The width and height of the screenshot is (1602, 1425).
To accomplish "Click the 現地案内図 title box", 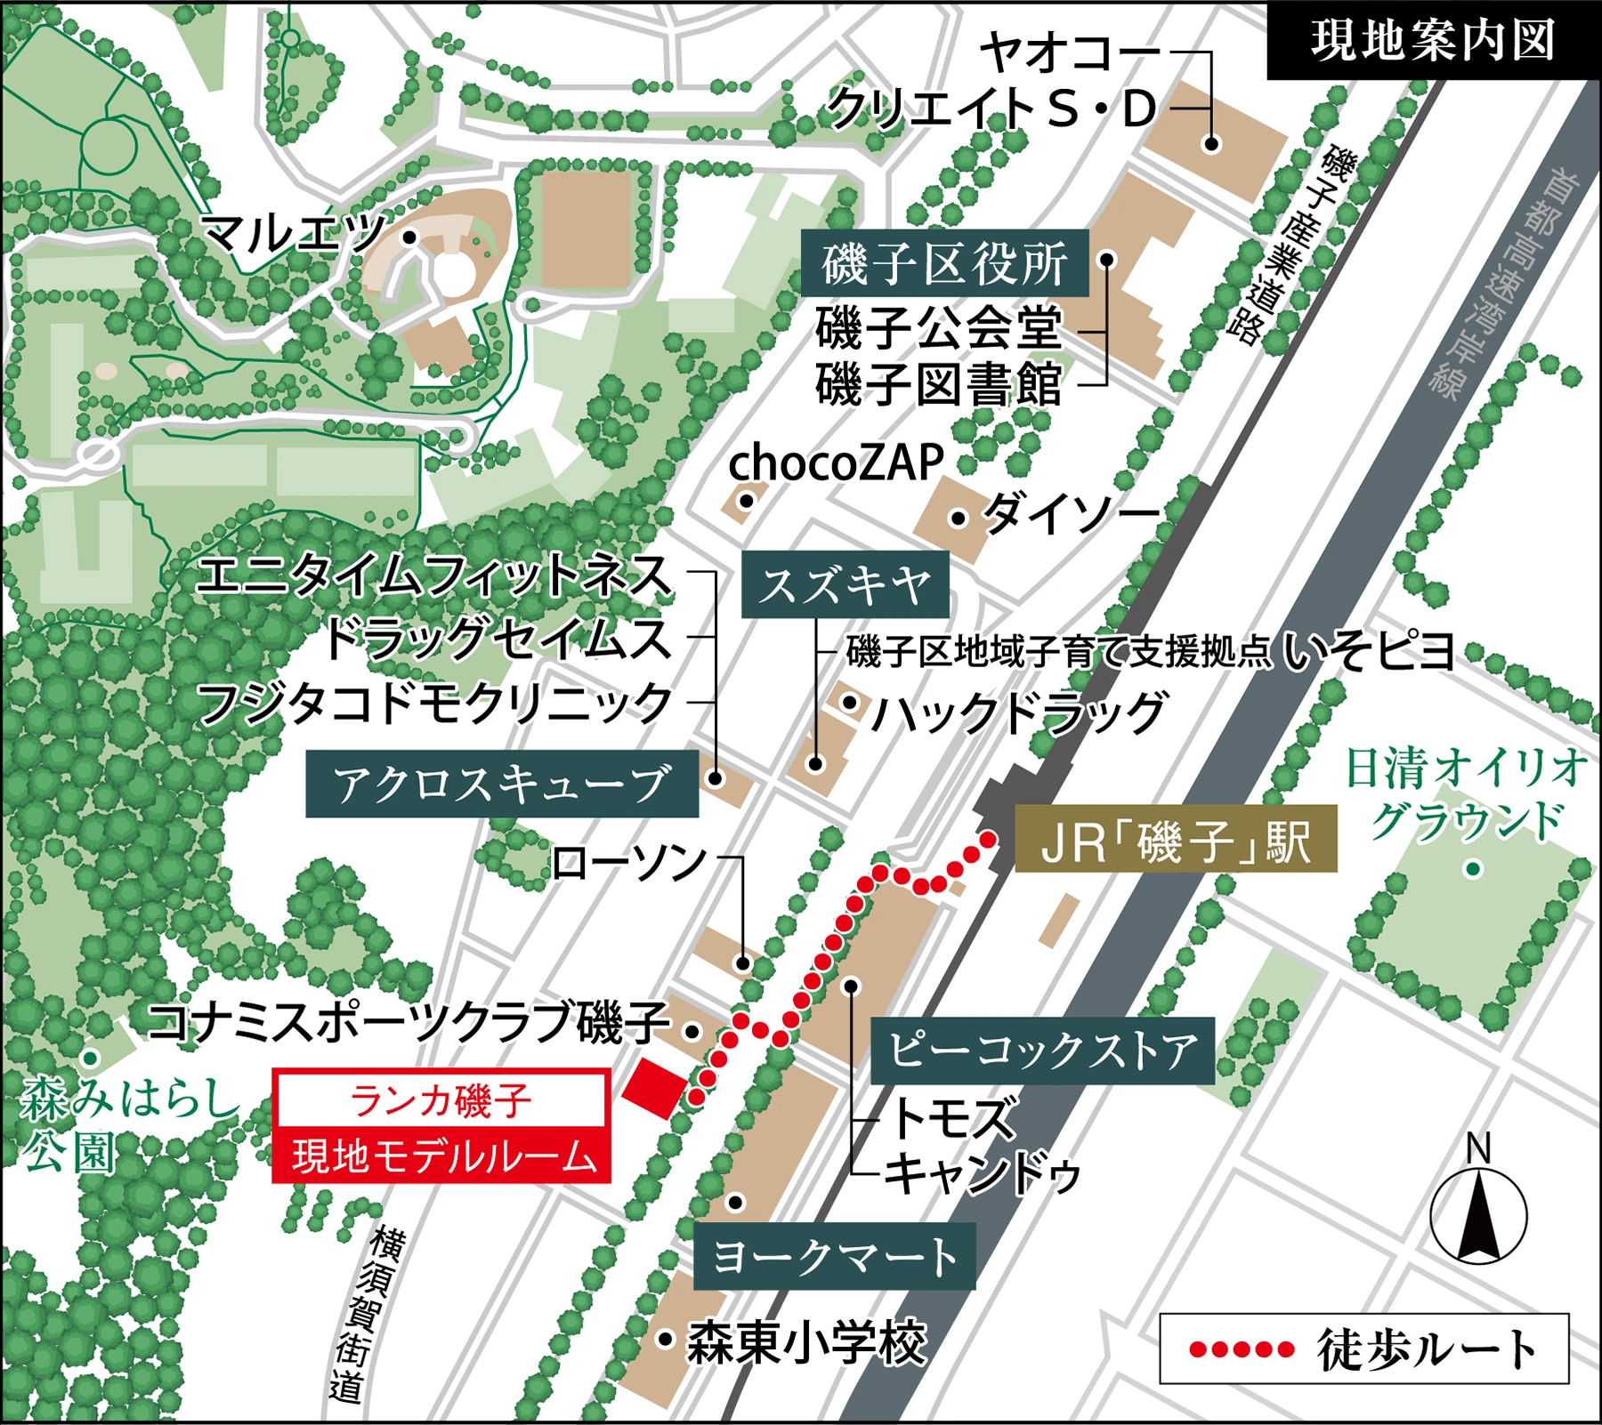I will click(1433, 41).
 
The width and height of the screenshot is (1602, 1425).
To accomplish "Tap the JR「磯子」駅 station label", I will click(1176, 839).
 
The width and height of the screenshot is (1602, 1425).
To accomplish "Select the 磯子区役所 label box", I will click(944, 263).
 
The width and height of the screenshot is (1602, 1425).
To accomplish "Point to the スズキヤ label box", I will click(845, 585).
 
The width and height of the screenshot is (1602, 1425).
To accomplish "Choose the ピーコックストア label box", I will click(1042, 1051).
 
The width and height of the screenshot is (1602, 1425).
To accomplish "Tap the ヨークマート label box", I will click(834, 1256).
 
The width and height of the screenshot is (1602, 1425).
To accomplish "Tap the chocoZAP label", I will click(836, 463).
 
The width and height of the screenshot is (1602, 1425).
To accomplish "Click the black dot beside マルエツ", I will click(409, 237).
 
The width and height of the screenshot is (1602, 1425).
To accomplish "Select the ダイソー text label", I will click(1072, 513).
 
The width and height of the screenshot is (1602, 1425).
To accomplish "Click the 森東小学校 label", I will click(806, 1341).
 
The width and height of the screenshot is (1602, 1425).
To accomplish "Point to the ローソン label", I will click(629, 862).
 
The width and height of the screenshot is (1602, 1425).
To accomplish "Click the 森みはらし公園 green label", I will click(125, 1124).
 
